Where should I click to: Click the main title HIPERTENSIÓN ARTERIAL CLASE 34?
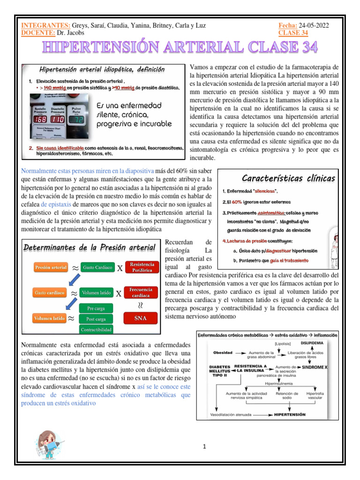click(x=180, y=47)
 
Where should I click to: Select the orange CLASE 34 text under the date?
click(x=293, y=33)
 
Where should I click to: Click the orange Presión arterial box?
click(x=51, y=268)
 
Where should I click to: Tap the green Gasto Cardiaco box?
click(x=97, y=268)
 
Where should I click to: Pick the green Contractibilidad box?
click(x=97, y=330)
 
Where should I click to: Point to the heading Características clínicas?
click(x=288, y=178)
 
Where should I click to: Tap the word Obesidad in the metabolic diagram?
click(x=223, y=352)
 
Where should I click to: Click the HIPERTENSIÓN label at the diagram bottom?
click(x=290, y=415)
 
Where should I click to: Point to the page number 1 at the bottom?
click(x=205, y=447)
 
